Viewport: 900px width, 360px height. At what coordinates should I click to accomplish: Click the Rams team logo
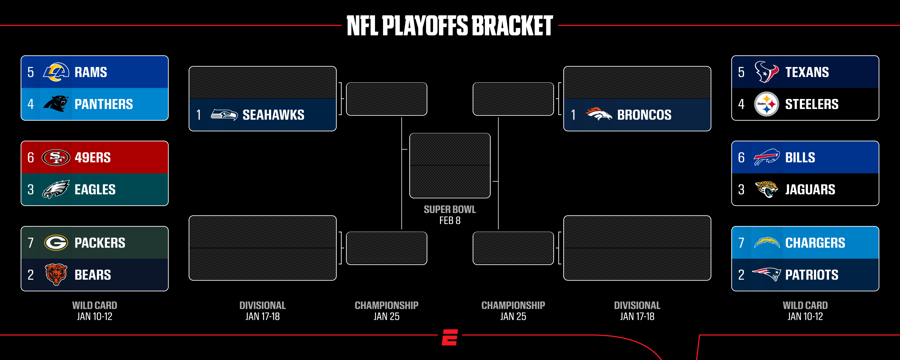pos(56,72)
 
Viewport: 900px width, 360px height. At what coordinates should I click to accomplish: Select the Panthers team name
pos(104,104)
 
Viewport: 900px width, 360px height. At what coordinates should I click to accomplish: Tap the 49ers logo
pos(56,158)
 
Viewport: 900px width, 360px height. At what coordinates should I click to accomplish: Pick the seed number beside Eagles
pos(31,190)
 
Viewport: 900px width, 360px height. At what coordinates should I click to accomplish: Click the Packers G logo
pos(56,243)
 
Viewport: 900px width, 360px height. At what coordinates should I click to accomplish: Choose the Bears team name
pos(93,275)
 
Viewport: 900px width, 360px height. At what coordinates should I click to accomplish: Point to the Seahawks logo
pos(224,115)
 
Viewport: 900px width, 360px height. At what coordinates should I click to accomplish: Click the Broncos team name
pos(644,115)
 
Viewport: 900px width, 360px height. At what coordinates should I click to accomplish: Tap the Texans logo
pos(767,72)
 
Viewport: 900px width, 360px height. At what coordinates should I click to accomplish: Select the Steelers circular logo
pos(767,104)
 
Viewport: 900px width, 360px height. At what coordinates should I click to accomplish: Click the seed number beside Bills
pos(741,158)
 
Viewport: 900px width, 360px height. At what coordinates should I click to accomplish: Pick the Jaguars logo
pos(767,189)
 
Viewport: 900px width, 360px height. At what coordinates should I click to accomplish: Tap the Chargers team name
pos(815,243)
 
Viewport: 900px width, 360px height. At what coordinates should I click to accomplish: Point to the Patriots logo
pos(767,274)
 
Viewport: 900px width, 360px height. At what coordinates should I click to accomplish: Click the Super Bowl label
pos(450,209)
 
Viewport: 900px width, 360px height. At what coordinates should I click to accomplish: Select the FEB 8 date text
pos(450,221)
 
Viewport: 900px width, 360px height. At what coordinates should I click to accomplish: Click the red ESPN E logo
pos(450,337)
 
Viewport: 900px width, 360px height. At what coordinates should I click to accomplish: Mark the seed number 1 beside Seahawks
pos(199,115)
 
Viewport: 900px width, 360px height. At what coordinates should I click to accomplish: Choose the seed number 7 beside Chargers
pos(741,243)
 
